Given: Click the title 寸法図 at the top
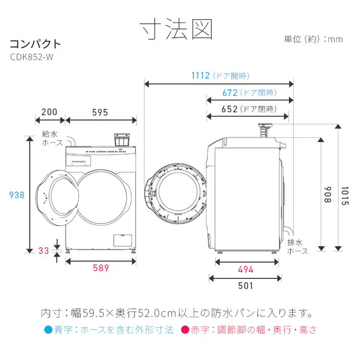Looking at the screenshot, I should (x=176, y=29).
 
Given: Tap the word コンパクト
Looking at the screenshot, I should (x=36, y=44).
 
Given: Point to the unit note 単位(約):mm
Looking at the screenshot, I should (x=313, y=39).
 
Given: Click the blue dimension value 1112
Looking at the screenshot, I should (x=200, y=76).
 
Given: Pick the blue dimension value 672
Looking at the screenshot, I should (x=230, y=93).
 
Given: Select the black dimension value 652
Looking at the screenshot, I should (x=230, y=109).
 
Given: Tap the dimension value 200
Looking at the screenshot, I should (x=49, y=112).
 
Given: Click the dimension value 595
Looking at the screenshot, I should (x=100, y=112).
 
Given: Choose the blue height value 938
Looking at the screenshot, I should (x=17, y=195).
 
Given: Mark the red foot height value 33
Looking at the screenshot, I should (x=44, y=251).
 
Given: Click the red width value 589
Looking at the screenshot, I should (x=101, y=268).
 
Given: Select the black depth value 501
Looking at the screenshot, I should (x=245, y=286).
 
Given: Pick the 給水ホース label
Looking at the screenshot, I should (x=52, y=139).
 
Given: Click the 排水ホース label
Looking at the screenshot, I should (x=297, y=247).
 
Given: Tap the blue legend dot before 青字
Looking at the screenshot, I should (x=48, y=330).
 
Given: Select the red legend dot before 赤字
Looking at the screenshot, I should (x=184, y=330).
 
